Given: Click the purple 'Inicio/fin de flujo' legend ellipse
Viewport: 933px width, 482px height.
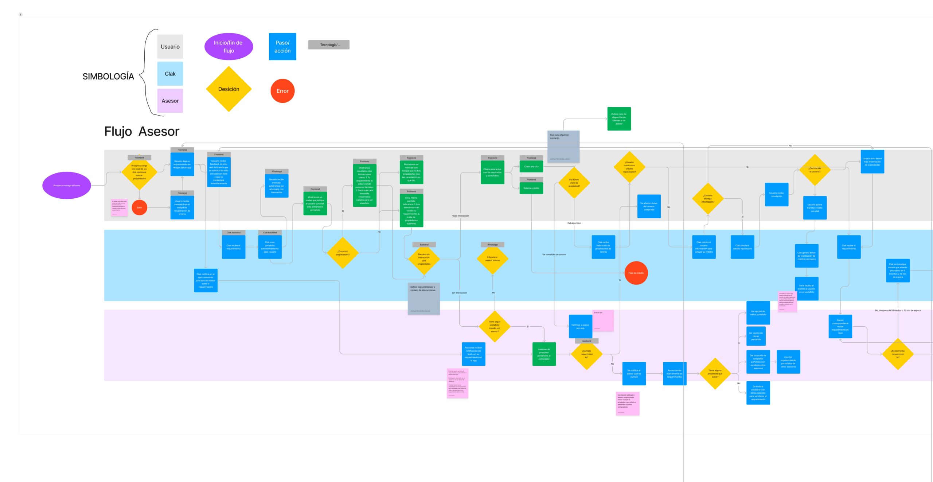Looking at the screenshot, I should (x=229, y=47).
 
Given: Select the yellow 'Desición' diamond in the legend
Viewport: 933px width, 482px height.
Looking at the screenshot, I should (x=229, y=89).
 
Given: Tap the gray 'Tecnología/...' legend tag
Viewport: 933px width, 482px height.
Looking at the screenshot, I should (x=329, y=45).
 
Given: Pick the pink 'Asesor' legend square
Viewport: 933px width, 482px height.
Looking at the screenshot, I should (x=170, y=101).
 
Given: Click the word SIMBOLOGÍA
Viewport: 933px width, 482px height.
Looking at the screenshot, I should (x=108, y=77).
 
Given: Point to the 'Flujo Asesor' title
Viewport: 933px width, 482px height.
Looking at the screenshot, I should (x=142, y=131).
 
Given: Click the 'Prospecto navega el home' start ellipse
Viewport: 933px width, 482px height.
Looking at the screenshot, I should (x=67, y=186).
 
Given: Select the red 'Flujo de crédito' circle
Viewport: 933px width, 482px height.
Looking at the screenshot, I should (x=636, y=273).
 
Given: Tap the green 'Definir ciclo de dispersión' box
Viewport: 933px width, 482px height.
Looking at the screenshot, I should (x=619, y=119).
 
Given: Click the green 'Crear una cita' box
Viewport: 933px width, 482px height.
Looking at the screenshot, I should (x=531, y=167).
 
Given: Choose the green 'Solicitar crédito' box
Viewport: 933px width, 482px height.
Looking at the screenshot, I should (x=531, y=188).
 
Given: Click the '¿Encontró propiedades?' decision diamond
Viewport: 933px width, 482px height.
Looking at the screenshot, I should (x=343, y=253).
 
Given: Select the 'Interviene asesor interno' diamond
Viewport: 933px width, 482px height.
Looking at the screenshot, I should (x=492, y=259).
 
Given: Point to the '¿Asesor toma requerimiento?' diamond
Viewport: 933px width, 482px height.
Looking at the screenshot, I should (x=898, y=354).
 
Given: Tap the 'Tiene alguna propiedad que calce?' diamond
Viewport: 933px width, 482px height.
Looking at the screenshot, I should (x=715, y=374).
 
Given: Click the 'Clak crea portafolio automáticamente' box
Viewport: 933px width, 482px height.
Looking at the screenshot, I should (x=270, y=247).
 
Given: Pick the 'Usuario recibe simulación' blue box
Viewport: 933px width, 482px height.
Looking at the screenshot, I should (x=776, y=195).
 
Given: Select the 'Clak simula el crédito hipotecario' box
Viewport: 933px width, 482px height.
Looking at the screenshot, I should (x=742, y=247).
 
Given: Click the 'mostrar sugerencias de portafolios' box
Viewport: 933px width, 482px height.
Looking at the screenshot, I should (x=788, y=362).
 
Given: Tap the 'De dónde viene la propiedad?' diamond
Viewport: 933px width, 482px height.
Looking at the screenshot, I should (x=574, y=183).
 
